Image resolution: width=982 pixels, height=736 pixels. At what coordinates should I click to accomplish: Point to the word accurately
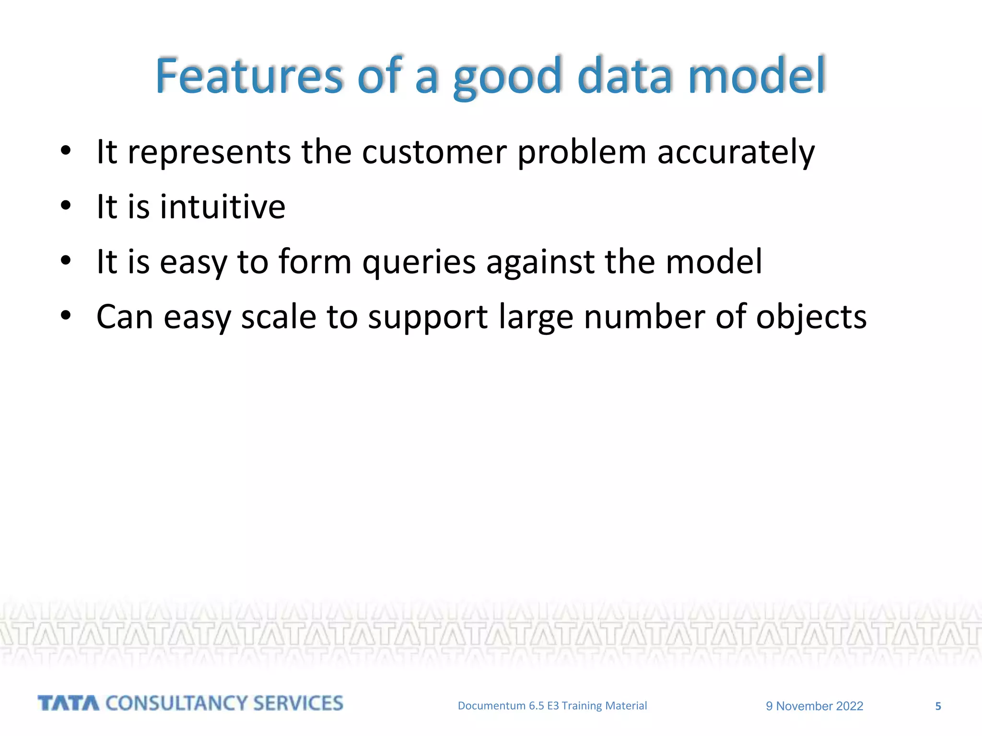coord(736,152)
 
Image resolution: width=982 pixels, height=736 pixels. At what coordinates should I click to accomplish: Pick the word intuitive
coord(222,207)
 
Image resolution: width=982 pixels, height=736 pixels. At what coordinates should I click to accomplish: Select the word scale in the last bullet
coord(279,317)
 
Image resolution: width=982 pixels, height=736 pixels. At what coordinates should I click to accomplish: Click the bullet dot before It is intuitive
coord(66,207)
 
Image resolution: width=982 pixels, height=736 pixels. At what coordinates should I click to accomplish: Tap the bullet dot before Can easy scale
coord(66,316)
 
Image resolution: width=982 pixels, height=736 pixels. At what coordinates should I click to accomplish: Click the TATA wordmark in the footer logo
coord(69,703)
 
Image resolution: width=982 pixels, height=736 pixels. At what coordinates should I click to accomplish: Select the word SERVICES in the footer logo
coord(298,703)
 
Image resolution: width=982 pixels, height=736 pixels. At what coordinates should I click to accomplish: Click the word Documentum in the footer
coord(491,706)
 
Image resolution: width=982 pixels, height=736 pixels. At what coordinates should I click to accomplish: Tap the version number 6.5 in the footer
coord(536,706)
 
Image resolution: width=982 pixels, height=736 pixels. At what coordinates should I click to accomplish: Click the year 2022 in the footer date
coord(849,706)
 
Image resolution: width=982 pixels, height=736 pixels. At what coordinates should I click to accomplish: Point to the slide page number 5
coord(938,706)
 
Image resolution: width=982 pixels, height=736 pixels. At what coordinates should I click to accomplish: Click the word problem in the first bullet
coord(582,152)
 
